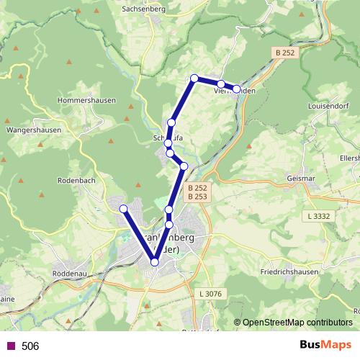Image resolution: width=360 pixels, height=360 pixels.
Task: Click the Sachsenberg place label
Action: (144, 9)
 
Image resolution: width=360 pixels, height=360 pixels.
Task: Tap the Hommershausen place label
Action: (86, 101)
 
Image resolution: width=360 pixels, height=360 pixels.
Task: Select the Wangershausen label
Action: (32, 131)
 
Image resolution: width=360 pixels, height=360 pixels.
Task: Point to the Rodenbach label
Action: (76, 181)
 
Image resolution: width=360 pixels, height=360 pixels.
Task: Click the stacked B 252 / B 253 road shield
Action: (197, 192)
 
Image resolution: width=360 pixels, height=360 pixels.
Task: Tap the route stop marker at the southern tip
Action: (154, 262)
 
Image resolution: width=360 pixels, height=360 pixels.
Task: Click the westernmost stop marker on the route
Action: (124, 209)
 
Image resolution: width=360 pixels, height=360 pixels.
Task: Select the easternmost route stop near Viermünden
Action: (236, 89)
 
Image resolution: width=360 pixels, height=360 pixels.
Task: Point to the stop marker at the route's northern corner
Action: (194, 78)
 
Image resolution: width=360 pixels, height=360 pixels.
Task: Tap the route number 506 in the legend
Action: (30, 346)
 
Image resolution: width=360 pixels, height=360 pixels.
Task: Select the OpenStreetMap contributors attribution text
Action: (293, 323)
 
